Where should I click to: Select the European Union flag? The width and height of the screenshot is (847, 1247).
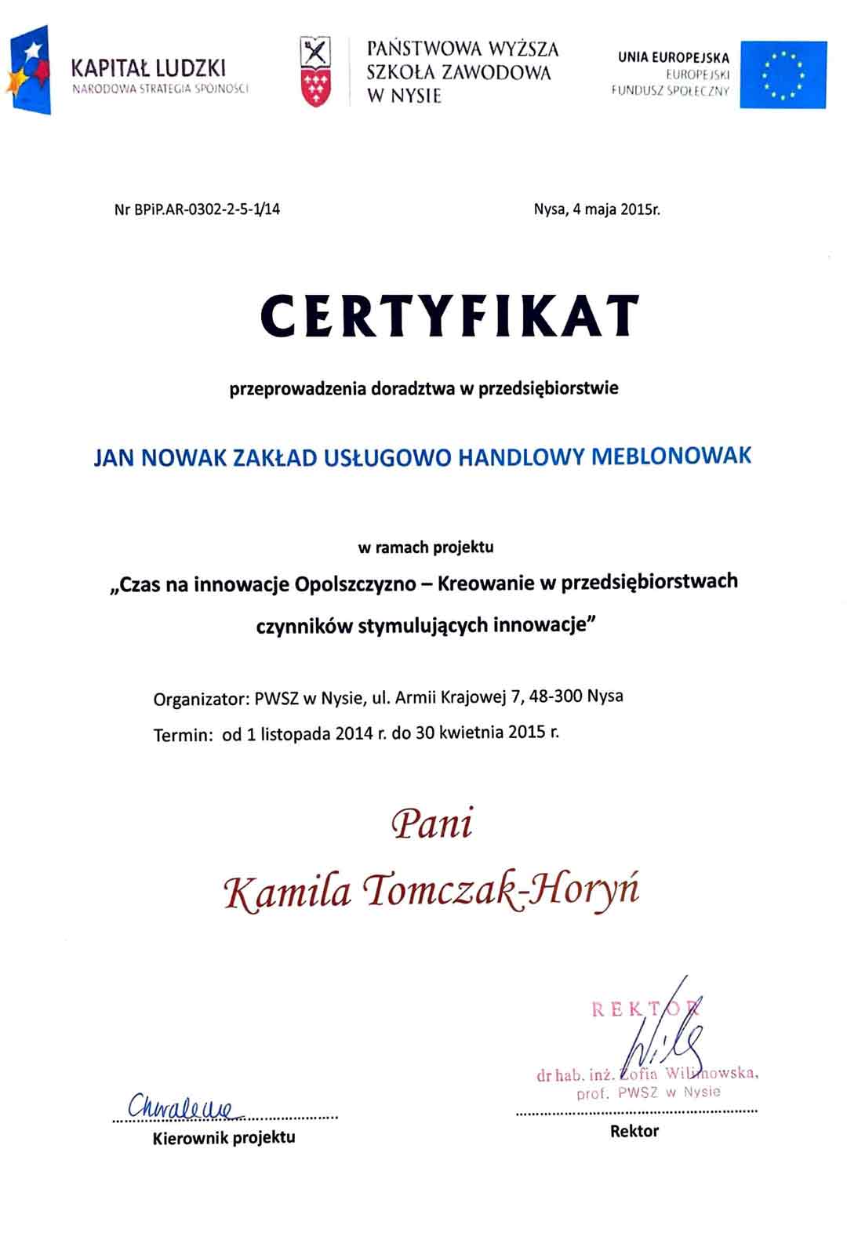783,75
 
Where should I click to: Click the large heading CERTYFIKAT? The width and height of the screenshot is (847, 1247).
449,315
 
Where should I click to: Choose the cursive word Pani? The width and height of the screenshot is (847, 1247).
432,824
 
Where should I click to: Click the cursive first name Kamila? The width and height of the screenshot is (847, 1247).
287,893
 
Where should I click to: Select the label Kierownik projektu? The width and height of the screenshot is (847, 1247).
224,1137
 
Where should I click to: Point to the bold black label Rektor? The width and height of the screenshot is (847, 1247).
634,1131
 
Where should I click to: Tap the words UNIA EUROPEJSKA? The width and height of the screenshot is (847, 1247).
673,58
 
